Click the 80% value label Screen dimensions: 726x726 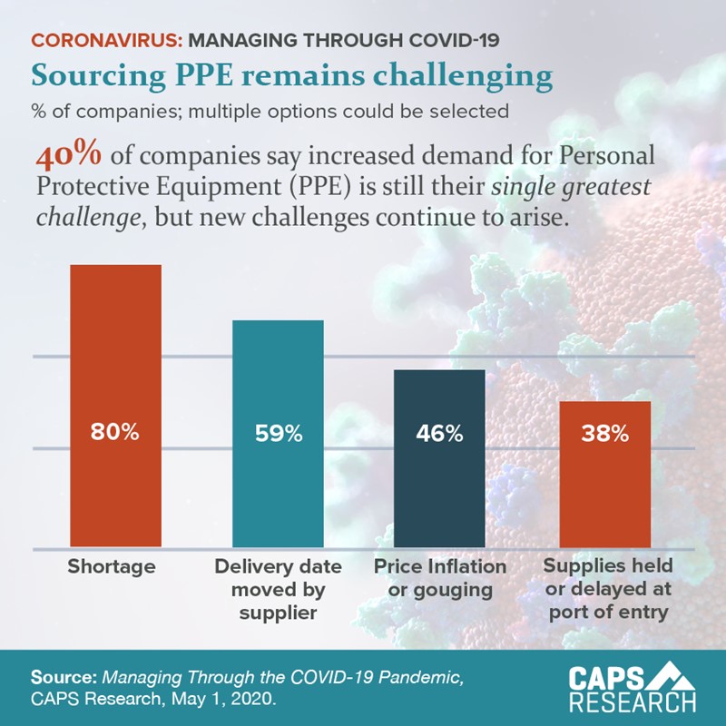[x=115, y=433]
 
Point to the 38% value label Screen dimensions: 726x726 [x=604, y=434]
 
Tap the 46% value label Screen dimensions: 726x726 [x=439, y=434]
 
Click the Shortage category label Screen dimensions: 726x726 [x=112, y=567]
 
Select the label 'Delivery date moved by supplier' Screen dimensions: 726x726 [x=278, y=589]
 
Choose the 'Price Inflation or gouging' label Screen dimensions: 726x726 [x=440, y=578]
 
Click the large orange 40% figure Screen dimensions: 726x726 [x=68, y=156]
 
